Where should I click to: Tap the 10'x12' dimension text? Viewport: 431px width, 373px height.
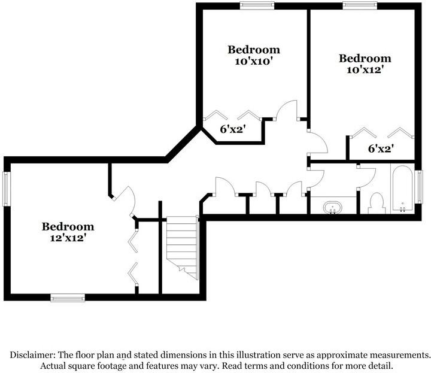pos(365,70)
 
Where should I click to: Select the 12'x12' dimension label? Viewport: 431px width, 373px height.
pos(68,238)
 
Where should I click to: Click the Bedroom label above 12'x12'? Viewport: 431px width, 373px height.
pos(68,227)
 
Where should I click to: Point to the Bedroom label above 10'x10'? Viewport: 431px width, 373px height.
pos(254,50)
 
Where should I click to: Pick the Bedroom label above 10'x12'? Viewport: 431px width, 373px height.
pos(365,58)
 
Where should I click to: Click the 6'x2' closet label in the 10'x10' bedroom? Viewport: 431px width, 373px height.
pos(232,129)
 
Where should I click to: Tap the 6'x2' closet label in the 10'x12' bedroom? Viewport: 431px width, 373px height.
pos(381,149)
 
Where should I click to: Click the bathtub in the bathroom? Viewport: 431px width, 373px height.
pos(402,189)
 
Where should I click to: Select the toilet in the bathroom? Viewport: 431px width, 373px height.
pos(377,203)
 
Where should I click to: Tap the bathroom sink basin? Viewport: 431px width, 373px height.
pos(333,207)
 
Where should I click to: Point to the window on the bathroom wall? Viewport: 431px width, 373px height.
pos(419,187)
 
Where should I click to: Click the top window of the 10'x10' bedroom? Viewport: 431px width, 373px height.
pos(257,5)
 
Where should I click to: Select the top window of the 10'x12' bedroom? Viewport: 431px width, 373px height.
pos(360,5)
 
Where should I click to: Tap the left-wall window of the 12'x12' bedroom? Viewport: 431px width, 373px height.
pos(7,189)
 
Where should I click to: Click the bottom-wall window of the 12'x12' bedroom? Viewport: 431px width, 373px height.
pos(68,298)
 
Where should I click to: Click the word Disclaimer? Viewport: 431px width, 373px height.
pos(32,355)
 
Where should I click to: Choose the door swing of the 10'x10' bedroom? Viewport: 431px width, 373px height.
pos(286,110)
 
